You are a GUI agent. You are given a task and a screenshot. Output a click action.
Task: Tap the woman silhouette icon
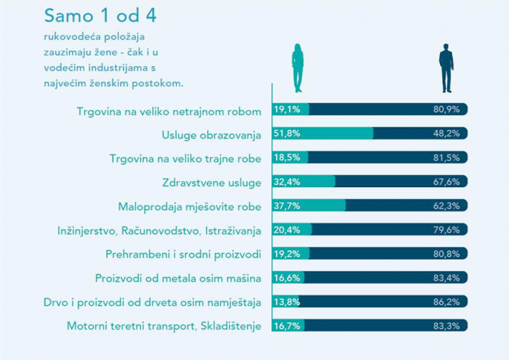(298, 68)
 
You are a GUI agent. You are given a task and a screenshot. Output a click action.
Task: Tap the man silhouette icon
(446, 68)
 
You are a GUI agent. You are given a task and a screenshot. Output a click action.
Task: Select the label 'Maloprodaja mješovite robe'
(189, 206)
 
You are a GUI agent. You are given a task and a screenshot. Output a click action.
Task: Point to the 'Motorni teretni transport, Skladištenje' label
(164, 326)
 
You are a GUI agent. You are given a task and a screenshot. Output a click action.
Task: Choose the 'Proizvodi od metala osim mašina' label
(178, 278)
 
